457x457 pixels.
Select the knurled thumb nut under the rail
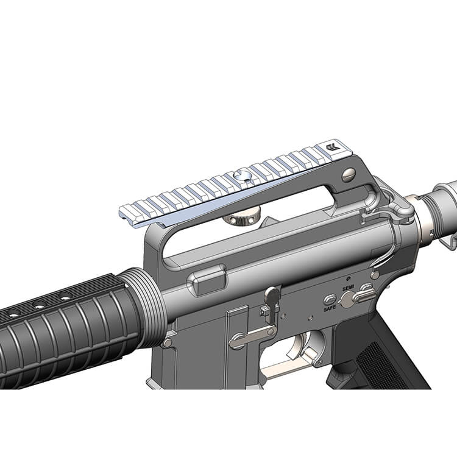(x=241, y=215)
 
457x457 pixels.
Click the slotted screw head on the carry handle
(x=349, y=175)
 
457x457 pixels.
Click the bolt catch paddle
(x=272, y=297)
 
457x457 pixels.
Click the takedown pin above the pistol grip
(x=375, y=275)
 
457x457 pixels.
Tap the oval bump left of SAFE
(x=329, y=299)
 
